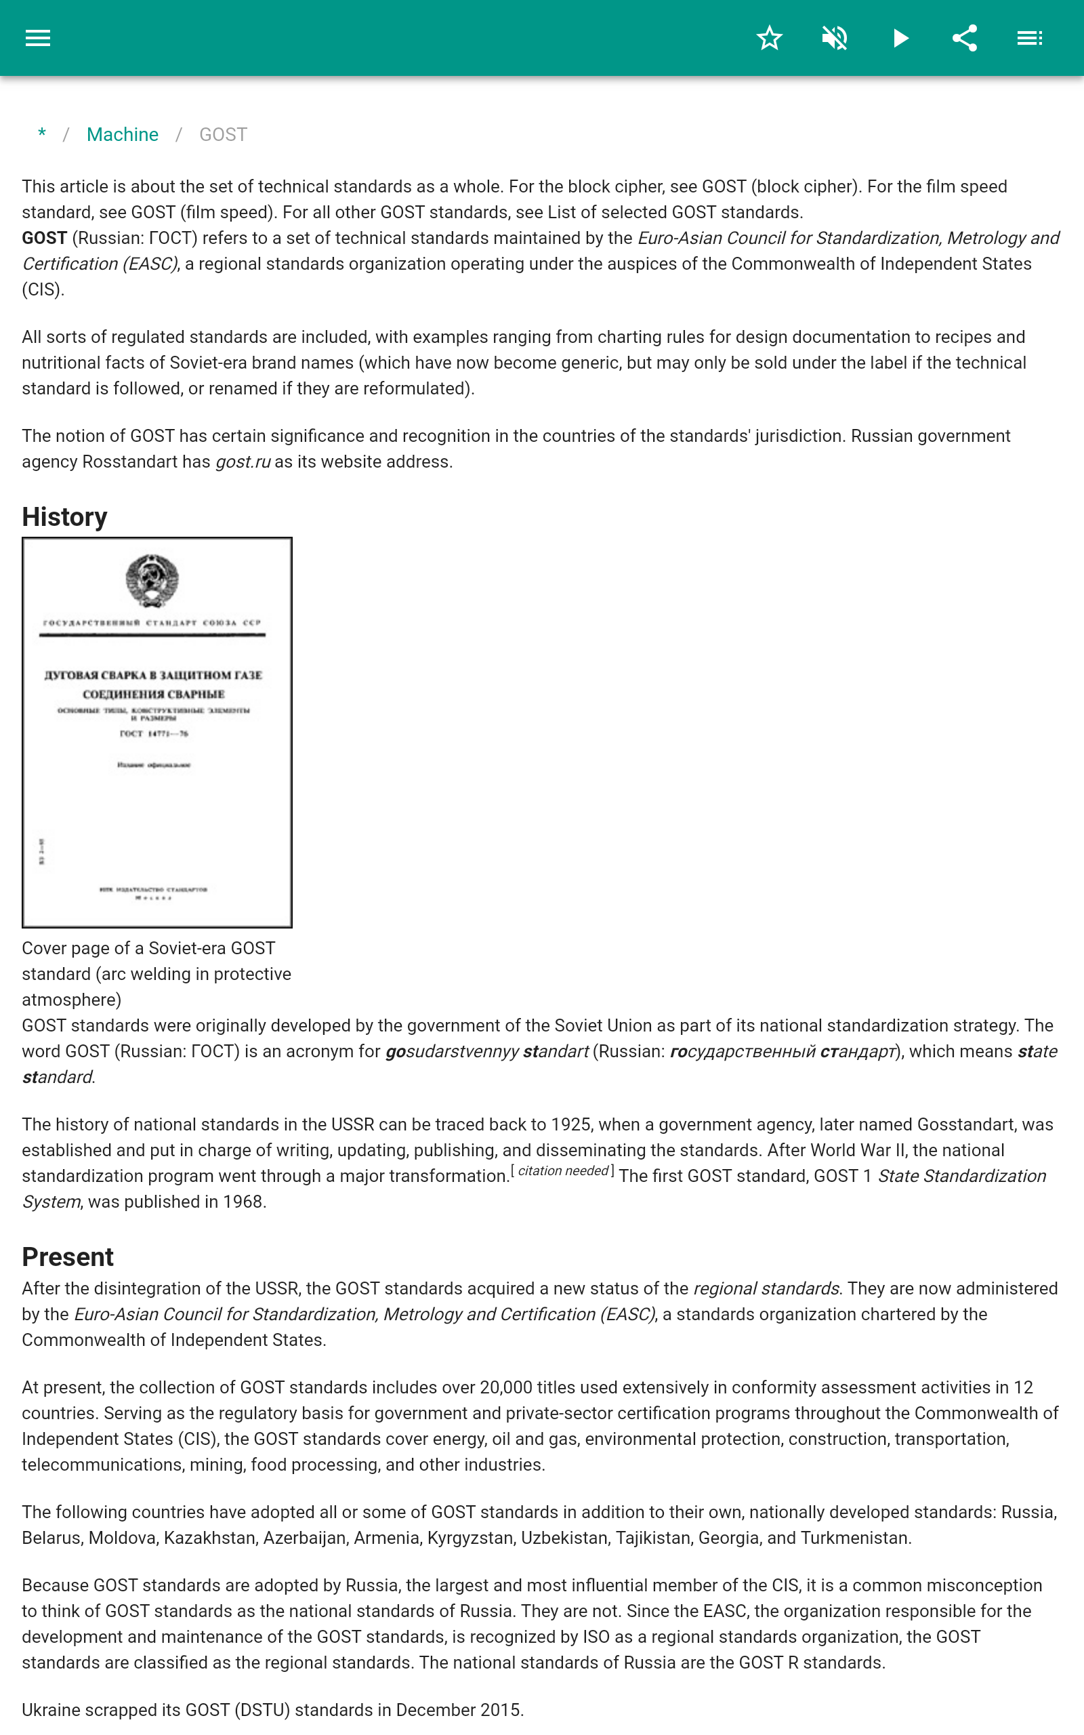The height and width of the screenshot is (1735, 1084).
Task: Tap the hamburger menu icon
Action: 38,38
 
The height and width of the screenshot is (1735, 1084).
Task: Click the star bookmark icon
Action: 769,38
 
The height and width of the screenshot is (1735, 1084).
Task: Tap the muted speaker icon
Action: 835,38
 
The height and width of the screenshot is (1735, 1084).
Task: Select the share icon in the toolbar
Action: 965,38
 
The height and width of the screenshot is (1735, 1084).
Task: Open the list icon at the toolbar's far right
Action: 1030,38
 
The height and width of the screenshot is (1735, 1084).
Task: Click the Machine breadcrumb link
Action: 123,135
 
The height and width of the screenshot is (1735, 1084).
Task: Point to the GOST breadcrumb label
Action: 223,135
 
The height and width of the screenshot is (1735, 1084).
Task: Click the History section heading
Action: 64,517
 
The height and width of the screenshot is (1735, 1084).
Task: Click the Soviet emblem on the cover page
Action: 152,580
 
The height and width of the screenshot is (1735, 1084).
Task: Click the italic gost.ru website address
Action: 243,462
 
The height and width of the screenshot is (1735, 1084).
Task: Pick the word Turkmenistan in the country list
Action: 854,1538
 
